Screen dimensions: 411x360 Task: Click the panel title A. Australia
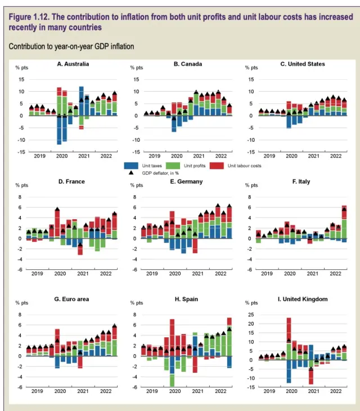point(73,65)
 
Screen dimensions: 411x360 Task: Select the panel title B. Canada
point(188,65)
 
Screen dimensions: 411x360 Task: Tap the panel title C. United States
point(303,65)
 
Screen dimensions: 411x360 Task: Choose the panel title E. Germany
point(186,182)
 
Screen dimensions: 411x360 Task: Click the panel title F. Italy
point(301,182)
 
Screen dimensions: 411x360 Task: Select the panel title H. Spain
point(186,299)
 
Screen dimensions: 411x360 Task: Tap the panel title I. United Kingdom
point(303,299)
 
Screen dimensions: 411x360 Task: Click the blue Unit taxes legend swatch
point(132,166)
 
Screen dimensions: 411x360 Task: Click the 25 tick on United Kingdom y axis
point(251,315)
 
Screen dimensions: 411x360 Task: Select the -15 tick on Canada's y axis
point(137,152)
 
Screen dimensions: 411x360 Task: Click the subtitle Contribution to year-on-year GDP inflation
point(71,46)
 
